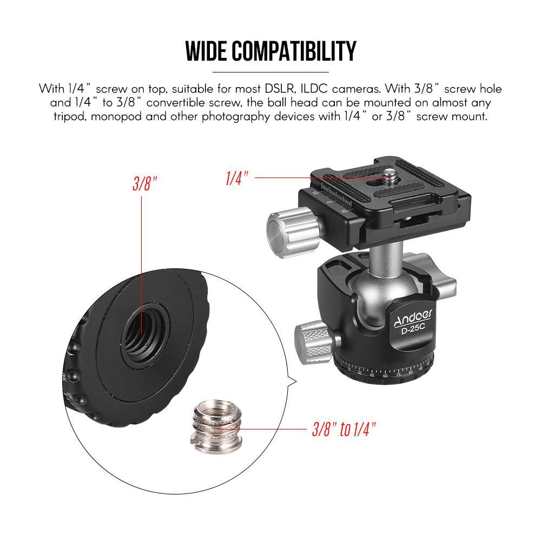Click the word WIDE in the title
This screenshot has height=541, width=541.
(x=206, y=51)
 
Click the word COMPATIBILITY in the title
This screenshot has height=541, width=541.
(x=294, y=51)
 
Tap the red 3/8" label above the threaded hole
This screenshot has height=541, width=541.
(x=144, y=183)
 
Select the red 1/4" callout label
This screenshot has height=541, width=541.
(x=237, y=178)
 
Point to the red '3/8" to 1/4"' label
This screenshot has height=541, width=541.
(x=344, y=430)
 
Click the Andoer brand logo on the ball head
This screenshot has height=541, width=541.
(x=413, y=318)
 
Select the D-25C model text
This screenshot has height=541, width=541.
(x=413, y=330)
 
